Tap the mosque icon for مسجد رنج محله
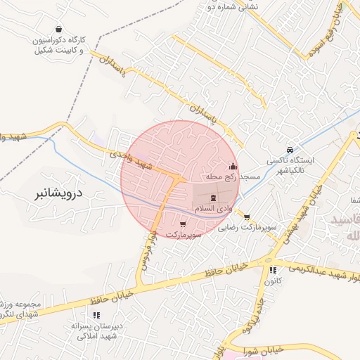coord(233,167)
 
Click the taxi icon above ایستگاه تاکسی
coord(290,150)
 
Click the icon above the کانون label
coord(272,269)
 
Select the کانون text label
coord(274,281)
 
